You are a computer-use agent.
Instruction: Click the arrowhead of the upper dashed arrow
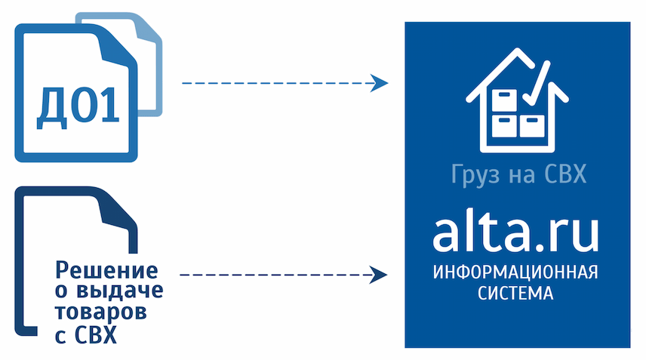point(379,83)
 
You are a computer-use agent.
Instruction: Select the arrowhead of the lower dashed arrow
point(378,275)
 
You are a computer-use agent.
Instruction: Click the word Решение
point(106,271)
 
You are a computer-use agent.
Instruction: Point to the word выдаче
point(120,291)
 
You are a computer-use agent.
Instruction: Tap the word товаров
point(101,312)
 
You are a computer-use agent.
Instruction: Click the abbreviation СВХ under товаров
point(97,335)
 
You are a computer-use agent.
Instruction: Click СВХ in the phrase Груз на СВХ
point(564,174)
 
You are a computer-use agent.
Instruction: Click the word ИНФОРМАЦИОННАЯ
point(515,272)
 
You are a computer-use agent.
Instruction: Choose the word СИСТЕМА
point(515,294)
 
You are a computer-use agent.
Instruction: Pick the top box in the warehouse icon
point(504,100)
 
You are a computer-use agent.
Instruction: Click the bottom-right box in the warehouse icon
point(532,126)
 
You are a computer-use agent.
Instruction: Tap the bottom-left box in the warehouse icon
point(504,126)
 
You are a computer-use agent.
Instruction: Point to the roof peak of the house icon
point(517,51)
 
